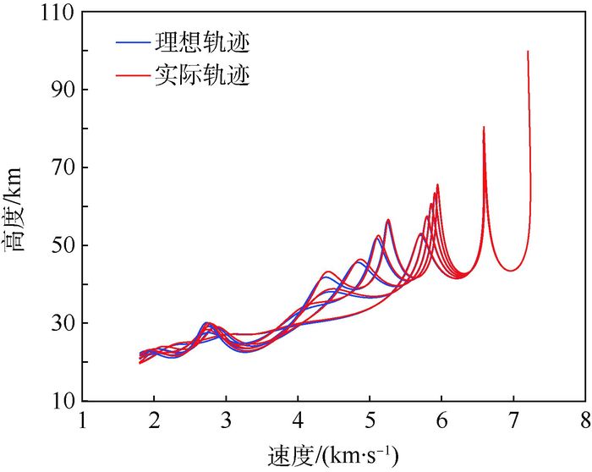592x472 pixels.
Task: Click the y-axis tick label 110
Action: (52, 12)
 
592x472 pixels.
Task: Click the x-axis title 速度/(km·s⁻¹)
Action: (333, 455)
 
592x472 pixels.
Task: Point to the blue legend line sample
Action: (132, 42)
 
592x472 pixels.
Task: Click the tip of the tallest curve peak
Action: (528, 52)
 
